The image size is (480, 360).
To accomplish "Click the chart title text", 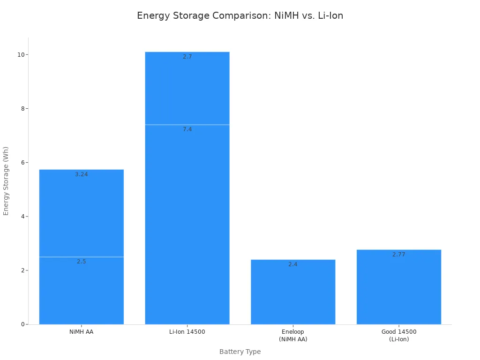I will (x=240, y=16).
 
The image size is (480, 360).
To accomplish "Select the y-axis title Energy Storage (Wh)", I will (x=6, y=181).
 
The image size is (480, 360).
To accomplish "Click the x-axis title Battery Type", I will (x=240, y=352).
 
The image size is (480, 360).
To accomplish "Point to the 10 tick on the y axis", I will (x=21, y=54).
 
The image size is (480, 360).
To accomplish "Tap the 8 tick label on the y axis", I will (x=22, y=108).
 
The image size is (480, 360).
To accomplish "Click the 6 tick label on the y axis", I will (x=22, y=163).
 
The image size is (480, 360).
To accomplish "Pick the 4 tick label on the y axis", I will (x=22, y=217).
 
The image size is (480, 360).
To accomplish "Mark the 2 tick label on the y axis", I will (x=22, y=270).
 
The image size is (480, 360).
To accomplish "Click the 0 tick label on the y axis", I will (x=22, y=324).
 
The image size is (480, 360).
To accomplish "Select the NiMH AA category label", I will (x=82, y=332).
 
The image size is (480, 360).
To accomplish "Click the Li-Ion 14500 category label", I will (x=187, y=332).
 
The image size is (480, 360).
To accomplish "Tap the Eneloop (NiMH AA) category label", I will (x=293, y=336).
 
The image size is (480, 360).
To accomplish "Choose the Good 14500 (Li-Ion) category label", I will (x=399, y=336).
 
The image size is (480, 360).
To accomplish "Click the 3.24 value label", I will (x=82, y=174).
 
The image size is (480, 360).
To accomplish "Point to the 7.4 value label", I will (x=187, y=129).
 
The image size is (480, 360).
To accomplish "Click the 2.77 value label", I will (x=399, y=255).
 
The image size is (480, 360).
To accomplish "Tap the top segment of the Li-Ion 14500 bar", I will (x=187, y=89).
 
